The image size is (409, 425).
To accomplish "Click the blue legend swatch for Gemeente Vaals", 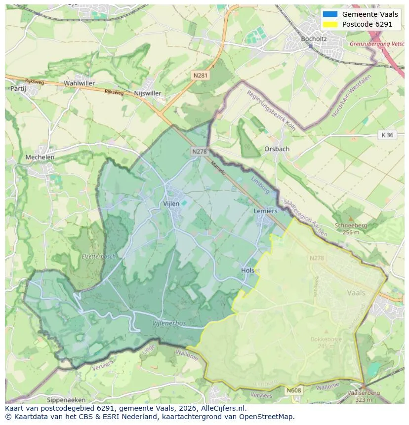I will [330, 14].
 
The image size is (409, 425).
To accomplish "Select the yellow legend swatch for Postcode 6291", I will [330, 24].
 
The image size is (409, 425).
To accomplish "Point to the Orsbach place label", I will [277, 149].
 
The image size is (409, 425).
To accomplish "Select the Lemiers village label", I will [265, 211].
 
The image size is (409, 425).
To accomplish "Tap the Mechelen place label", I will [40, 157].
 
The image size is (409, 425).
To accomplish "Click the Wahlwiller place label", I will [79, 83].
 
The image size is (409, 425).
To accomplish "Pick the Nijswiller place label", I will [147, 93].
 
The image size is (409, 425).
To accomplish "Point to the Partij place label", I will [18, 88].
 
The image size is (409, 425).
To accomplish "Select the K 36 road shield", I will [387, 135].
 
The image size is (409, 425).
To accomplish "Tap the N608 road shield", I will [293, 390].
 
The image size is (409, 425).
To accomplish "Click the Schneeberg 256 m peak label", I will [351, 228].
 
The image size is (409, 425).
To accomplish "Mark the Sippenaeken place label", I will [66, 399].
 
